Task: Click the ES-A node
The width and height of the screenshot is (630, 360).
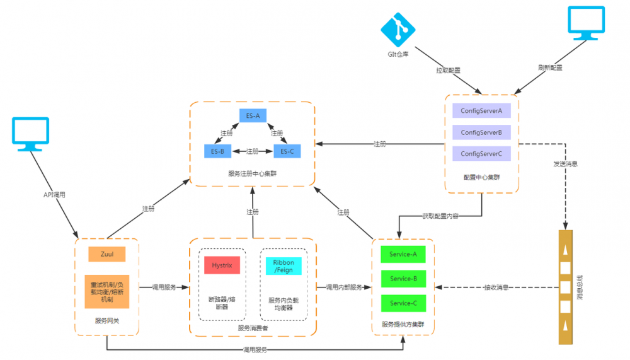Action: [x=253, y=116]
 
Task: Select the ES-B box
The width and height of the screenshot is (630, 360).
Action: [x=218, y=151]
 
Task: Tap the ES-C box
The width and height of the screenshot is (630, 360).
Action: [x=287, y=151]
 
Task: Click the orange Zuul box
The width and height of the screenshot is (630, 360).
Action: [x=106, y=254]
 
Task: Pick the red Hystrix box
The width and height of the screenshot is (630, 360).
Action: [x=222, y=265]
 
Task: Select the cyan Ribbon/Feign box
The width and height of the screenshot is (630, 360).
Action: [x=283, y=265]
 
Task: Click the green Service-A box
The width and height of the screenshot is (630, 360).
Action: [x=403, y=254]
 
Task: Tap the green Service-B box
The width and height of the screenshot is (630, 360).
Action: [x=403, y=279]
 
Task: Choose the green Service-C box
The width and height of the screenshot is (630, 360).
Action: [x=403, y=303]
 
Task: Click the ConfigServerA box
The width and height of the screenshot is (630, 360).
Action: [x=481, y=110]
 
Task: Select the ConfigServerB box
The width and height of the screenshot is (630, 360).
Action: [x=481, y=132]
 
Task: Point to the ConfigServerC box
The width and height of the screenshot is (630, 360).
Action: [x=481, y=154]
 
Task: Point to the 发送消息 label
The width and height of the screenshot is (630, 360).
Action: [x=565, y=163]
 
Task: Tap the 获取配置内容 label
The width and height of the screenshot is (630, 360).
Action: [x=440, y=216]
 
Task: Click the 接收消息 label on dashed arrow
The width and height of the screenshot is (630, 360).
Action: [x=496, y=287]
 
